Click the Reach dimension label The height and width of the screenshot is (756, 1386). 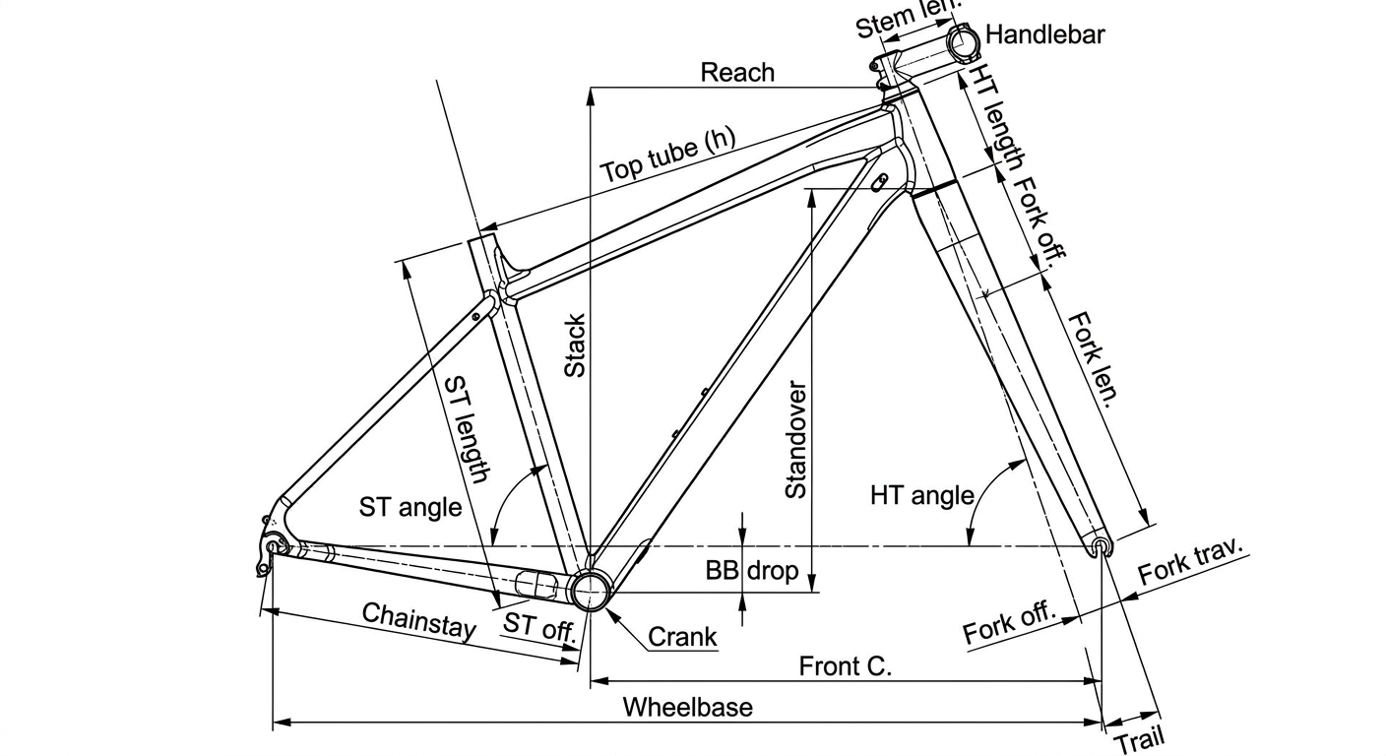(x=737, y=73)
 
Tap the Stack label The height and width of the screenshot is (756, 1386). (x=575, y=346)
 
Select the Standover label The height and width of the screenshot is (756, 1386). (x=795, y=440)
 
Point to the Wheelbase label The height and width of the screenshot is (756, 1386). (x=687, y=707)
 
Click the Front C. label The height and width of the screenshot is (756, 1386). (x=846, y=666)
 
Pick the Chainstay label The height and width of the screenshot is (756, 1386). (x=419, y=620)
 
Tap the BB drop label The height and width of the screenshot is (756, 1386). (x=752, y=570)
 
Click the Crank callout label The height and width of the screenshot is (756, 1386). (x=682, y=637)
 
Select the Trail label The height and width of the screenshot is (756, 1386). (x=1139, y=739)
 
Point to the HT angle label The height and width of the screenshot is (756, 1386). (x=922, y=495)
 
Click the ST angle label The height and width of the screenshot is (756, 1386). (x=410, y=507)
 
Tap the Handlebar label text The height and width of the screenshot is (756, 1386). (x=1044, y=34)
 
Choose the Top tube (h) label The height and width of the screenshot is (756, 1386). (x=667, y=155)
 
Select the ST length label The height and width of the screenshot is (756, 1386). (x=468, y=429)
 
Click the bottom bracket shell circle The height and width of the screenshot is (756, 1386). (x=592, y=591)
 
